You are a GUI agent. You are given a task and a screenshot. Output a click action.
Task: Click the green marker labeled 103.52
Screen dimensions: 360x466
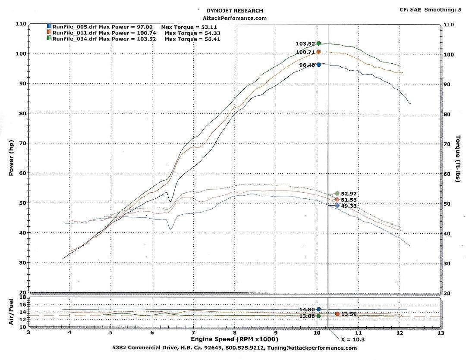tap(318, 43)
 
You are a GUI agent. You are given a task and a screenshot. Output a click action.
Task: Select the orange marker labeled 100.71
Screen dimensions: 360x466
tap(318, 52)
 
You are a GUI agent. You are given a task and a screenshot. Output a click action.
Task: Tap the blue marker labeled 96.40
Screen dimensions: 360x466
tap(318, 65)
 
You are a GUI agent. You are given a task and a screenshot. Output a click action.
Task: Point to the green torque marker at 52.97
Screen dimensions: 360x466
tap(337, 194)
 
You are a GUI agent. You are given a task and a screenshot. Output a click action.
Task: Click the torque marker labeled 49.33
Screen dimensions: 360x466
tap(337, 206)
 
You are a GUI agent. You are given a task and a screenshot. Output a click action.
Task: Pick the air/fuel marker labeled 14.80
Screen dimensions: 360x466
tap(318, 309)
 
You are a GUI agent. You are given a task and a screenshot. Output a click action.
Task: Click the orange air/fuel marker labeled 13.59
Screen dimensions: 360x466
tap(337, 314)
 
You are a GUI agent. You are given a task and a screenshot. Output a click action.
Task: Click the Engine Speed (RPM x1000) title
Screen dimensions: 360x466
tap(235, 340)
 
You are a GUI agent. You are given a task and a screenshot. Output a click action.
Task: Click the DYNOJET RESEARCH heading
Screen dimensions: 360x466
tap(235, 10)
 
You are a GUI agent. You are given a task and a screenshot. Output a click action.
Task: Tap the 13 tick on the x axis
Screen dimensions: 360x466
tap(441, 333)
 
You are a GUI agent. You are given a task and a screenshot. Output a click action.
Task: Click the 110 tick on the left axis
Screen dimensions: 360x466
tap(21, 24)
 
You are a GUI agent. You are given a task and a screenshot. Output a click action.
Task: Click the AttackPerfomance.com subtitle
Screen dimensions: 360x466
tap(235, 18)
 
